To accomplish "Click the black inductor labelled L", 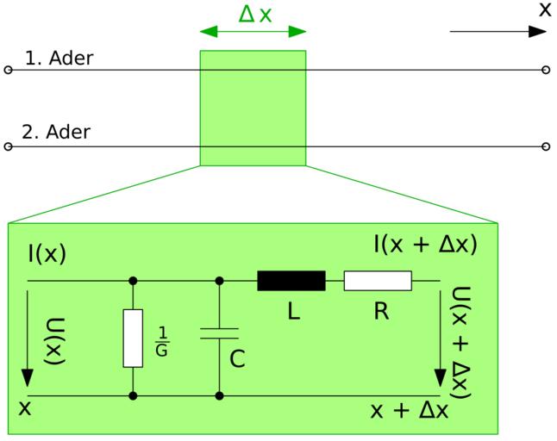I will click(x=291, y=281).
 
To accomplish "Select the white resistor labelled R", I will click(x=378, y=281).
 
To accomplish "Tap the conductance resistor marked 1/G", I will click(x=133, y=338).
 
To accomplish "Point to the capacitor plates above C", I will click(x=220, y=333).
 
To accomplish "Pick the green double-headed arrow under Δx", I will click(x=253, y=32).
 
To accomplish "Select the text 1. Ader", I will click(x=59, y=59).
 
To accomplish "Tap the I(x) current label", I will click(x=47, y=254).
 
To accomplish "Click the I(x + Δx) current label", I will click(x=425, y=244).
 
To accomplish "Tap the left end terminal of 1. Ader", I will click(x=9, y=70).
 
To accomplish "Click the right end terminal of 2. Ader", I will click(x=545, y=147).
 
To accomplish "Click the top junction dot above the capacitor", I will click(x=220, y=281).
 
